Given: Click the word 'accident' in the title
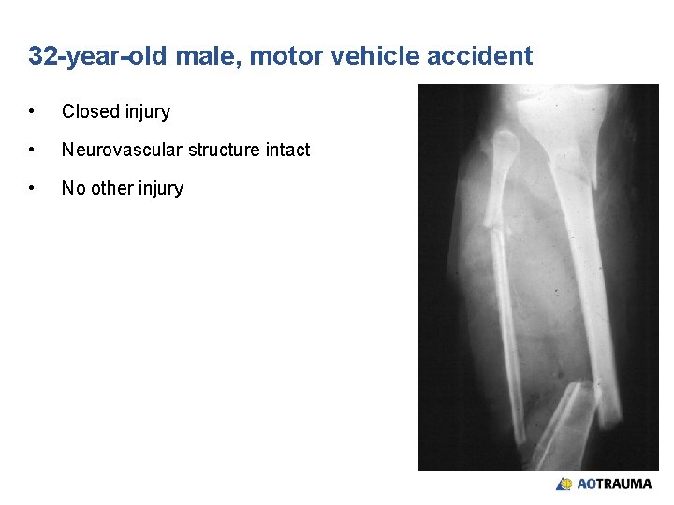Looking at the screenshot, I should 479,56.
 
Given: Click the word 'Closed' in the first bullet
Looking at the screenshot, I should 89,112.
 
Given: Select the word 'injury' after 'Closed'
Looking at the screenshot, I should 146,112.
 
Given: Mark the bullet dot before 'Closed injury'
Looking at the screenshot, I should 33,112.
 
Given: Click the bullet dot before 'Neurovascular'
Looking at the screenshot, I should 33,150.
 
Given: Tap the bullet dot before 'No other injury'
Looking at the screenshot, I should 33,188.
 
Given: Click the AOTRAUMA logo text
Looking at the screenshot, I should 614,484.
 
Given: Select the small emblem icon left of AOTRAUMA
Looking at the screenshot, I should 564,484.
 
